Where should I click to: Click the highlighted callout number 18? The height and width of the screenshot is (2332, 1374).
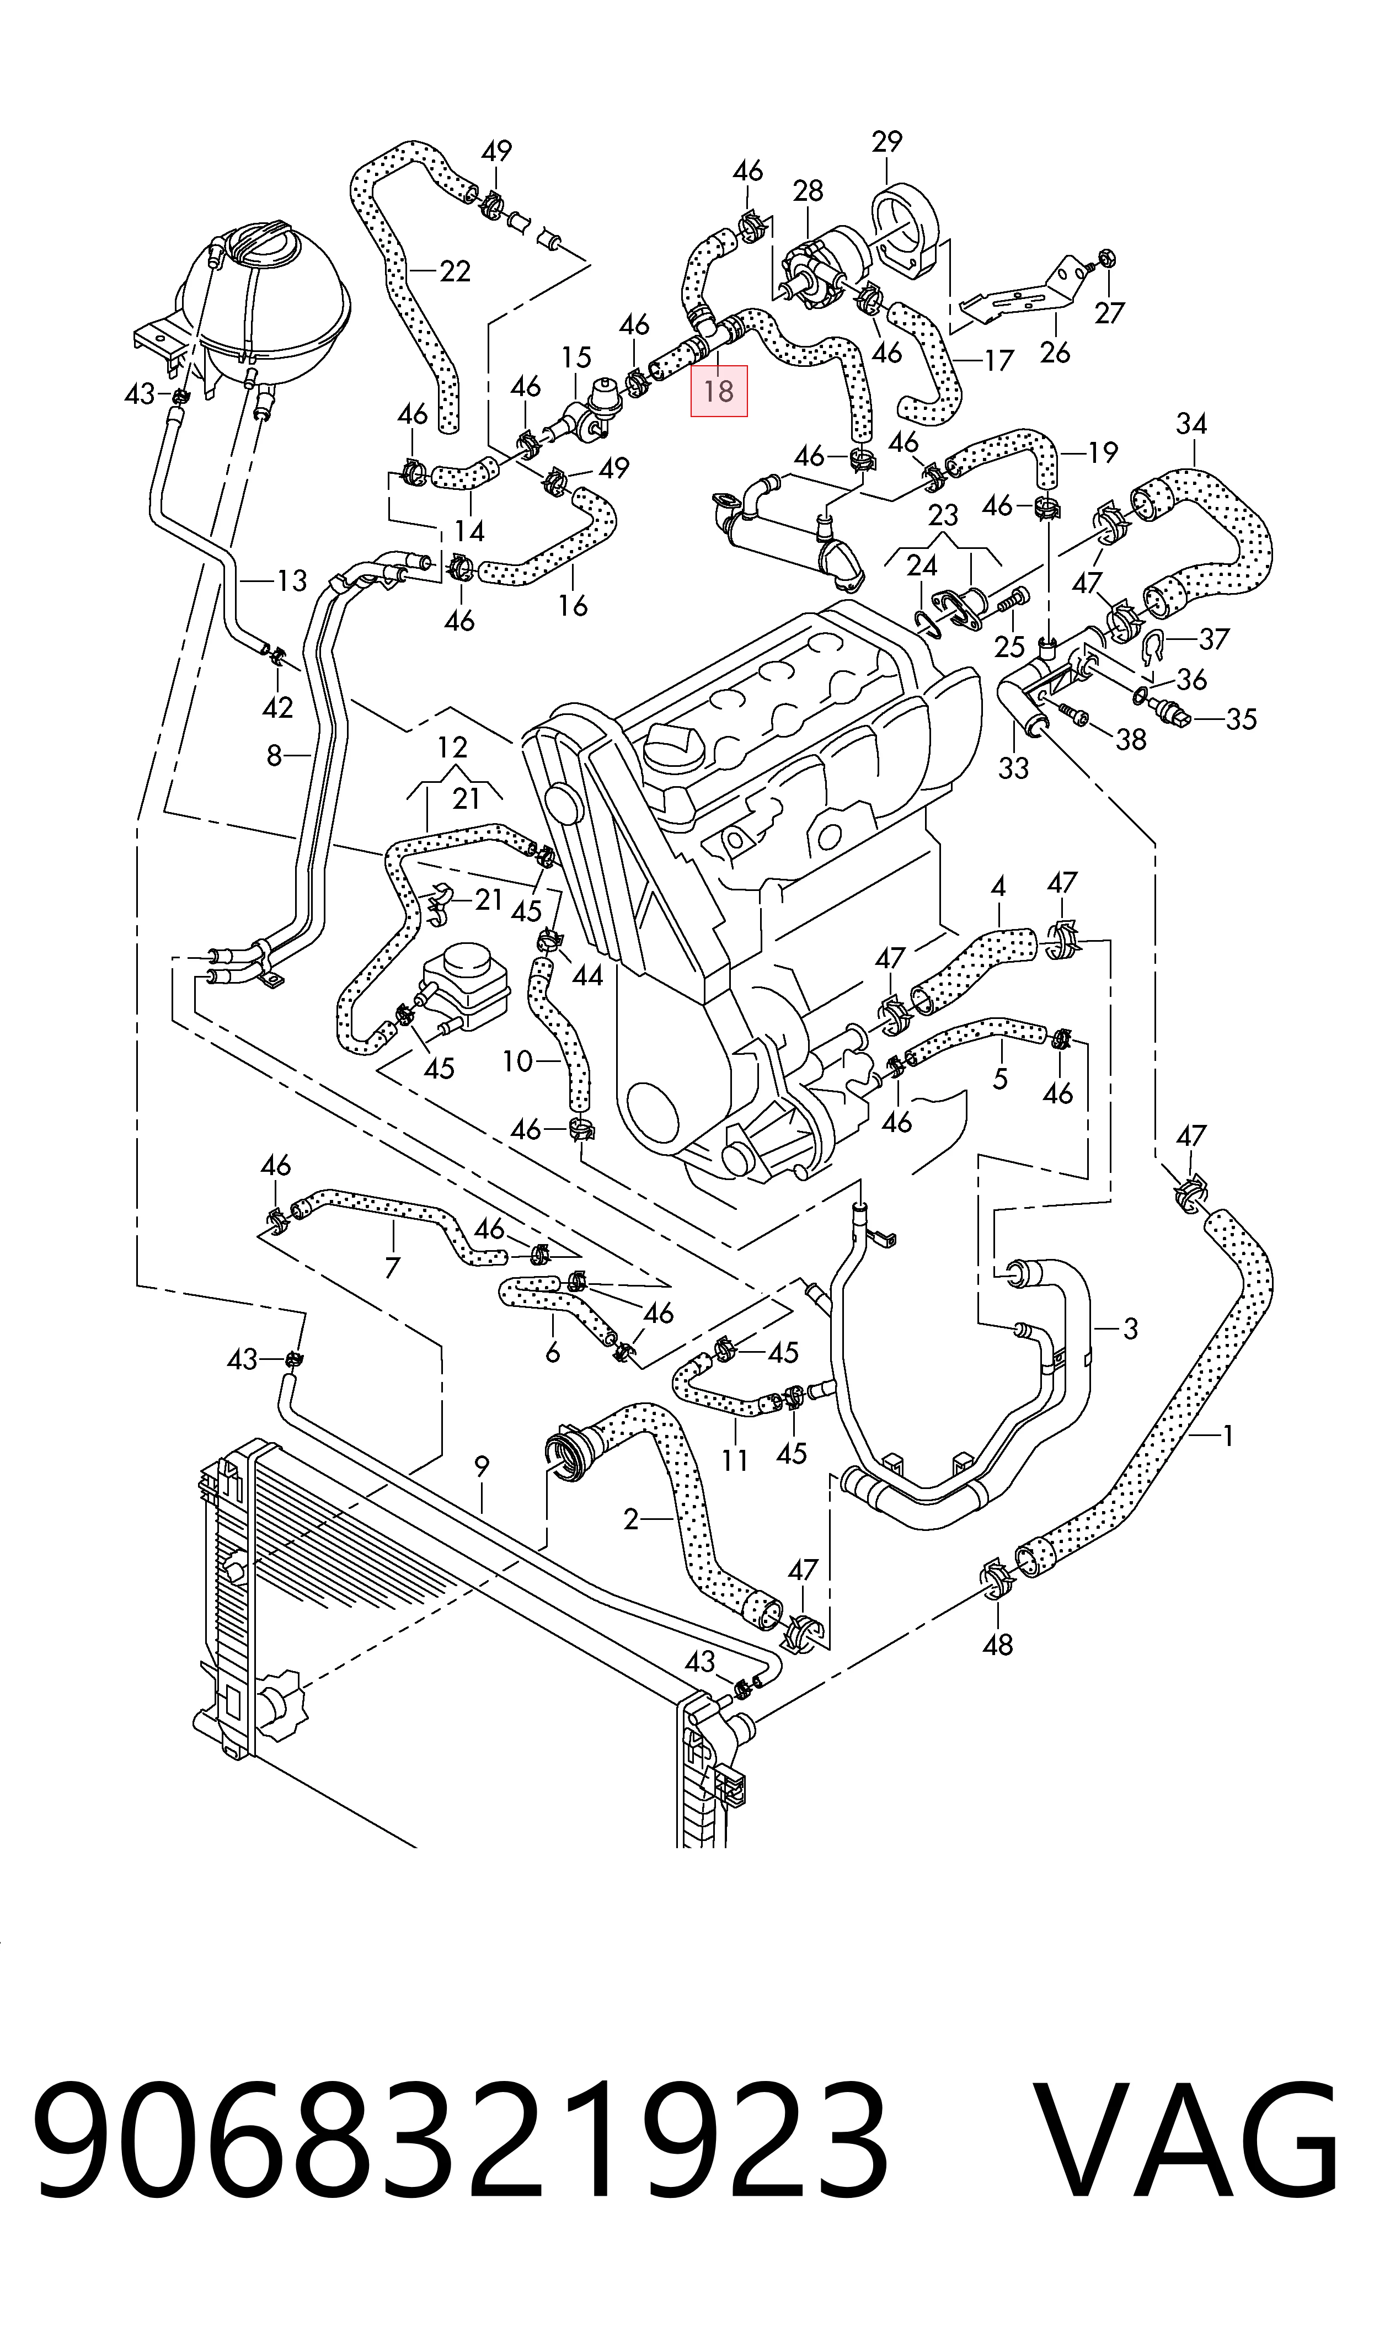pos(719,391)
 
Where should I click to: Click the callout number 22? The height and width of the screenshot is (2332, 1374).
pos(455,271)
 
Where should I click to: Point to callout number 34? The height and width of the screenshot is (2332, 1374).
pos(1191,424)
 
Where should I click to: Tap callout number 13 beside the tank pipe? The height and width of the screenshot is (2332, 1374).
pos(292,581)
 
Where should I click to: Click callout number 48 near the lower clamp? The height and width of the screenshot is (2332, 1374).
pos(997,1644)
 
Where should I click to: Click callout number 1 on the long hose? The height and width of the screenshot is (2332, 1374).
pos(1227,1436)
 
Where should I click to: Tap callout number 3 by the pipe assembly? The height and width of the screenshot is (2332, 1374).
pos(1130,1330)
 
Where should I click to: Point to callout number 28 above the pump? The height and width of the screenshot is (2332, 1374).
pos(808,191)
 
